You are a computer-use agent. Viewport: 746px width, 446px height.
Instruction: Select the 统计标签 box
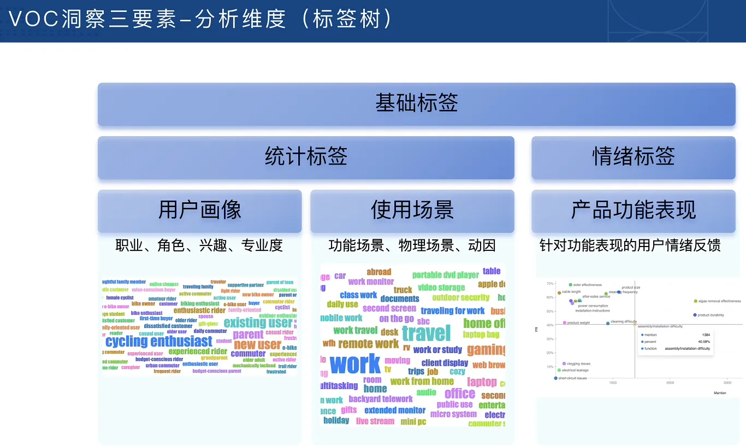point(306,157)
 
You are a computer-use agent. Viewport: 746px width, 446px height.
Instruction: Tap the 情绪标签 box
point(633,157)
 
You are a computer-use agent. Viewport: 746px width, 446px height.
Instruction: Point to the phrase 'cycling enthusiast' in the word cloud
point(158,342)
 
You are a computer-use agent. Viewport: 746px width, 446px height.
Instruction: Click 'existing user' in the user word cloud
point(258,322)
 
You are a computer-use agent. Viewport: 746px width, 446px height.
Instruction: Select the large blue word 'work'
point(355,364)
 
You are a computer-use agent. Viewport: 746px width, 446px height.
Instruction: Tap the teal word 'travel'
point(426,333)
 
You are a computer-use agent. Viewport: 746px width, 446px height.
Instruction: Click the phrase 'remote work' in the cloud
point(368,344)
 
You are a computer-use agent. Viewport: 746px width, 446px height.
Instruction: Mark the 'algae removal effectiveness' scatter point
point(695,301)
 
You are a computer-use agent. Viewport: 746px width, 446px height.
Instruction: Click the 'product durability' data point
point(695,315)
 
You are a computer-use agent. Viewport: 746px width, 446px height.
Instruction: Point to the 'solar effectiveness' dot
point(570,285)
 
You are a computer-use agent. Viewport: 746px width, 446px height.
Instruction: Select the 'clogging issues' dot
point(564,363)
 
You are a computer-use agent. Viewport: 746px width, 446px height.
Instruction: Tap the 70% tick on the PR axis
point(549,284)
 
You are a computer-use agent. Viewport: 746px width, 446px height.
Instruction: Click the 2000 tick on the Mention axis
point(670,383)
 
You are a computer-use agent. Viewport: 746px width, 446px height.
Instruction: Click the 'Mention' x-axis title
point(720,393)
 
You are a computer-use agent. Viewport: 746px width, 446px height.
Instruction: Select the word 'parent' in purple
point(248,334)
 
